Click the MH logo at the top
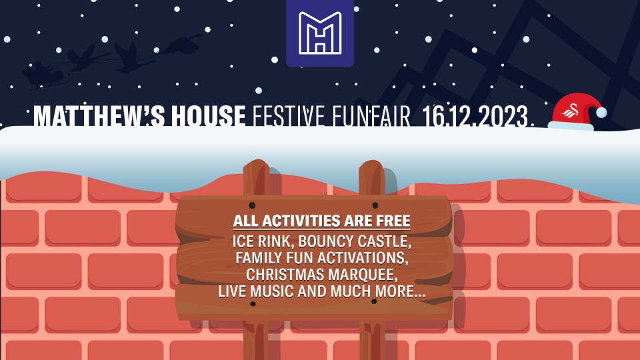click(320, 33)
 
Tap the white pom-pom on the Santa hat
click(601, 113)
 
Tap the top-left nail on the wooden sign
click(252, 205)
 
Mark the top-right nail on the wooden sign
click(375, 205)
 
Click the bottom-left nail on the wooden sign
click(253, 304)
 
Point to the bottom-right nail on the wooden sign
click(374, 301)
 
